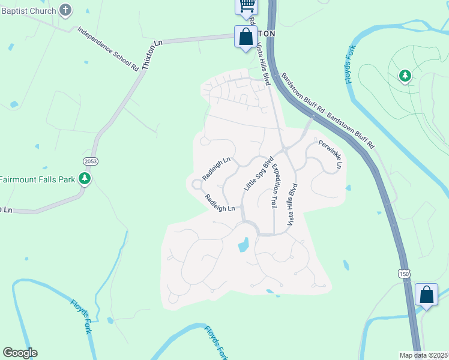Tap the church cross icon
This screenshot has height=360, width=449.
click(66, 10)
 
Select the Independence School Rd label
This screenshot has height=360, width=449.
click(108, 49)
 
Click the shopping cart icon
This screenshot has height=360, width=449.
click(246, 5)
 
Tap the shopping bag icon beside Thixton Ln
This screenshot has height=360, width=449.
click(246, 37)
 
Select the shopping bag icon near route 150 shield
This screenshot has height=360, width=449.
click(426, 295)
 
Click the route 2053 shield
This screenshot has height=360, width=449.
click(91, 162)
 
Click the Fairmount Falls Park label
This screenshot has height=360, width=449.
click(37, 179)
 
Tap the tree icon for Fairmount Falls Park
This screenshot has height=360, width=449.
click(85, 178)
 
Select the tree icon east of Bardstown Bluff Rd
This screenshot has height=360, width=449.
click(405, 76)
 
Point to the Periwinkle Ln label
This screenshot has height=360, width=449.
click(331, 154)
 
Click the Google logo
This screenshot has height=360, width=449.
click(20, 353)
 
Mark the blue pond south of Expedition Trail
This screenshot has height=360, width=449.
click(243, 244)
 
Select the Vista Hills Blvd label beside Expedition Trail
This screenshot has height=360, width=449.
click(292, 204)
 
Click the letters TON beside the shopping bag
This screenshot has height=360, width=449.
click(266, 34)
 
